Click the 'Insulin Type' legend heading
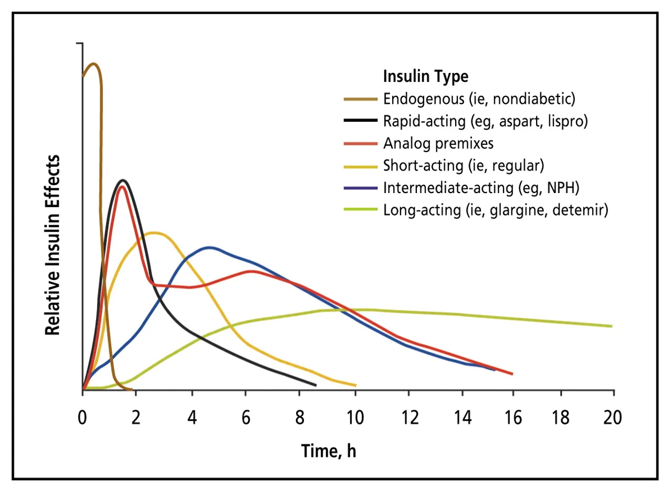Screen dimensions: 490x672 click(425, 77)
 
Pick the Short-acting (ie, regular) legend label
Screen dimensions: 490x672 click(463, 165)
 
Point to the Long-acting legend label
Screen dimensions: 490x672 click(496, 210)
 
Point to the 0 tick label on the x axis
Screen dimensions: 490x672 click(82, 418)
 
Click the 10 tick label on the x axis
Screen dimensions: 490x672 click(355, 418)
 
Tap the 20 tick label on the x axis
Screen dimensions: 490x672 click(613, 418)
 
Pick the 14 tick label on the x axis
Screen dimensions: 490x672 click(463, 418)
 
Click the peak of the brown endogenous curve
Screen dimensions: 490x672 click(94, 64)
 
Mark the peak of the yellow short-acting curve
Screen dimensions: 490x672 click(153, 232)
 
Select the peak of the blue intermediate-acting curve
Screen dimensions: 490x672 click(210, 247)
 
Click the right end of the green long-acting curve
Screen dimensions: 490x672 click(612, 326)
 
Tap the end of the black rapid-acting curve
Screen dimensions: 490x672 click(316, 385)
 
